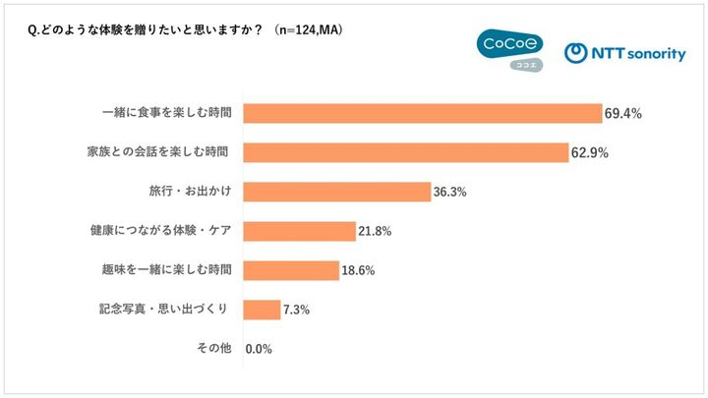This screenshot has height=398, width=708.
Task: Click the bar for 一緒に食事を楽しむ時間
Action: [x=423, y=113]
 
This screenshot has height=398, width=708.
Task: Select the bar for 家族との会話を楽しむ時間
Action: [x=406, y=152]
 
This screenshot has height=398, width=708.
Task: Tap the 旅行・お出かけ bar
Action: [x=337, y=192]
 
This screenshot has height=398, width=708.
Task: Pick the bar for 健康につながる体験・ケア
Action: [x=299, y=231]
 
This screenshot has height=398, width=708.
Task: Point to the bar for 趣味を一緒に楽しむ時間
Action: [x=291, y=270]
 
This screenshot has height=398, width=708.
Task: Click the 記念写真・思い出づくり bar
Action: [x=262, y=310]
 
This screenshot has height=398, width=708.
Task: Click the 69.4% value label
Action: [x=623, y=114]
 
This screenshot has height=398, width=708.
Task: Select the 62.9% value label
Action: [x=590, y=153]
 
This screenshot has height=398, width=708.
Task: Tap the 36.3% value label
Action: [x=449, y=193]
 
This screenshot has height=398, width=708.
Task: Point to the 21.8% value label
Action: [x=375, y=232]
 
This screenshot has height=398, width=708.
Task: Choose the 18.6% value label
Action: [x=358, y=271]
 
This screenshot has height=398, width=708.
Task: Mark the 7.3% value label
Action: [x=296, y=310]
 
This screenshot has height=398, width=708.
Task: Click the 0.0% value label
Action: [x=259, y=349]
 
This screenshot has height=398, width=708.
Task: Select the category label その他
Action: [x=214, y=348]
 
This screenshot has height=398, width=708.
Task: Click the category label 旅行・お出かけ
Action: [x=190, y=191]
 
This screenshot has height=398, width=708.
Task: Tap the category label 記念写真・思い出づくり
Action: [x=163, y=309]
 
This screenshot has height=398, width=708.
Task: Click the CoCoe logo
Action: [x=510, y=50]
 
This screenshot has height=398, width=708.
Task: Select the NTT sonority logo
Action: [x=625, y=53]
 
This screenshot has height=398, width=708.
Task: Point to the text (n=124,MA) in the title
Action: [x=309, y=30]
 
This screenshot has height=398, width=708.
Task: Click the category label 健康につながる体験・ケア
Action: [x=160, y=230]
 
